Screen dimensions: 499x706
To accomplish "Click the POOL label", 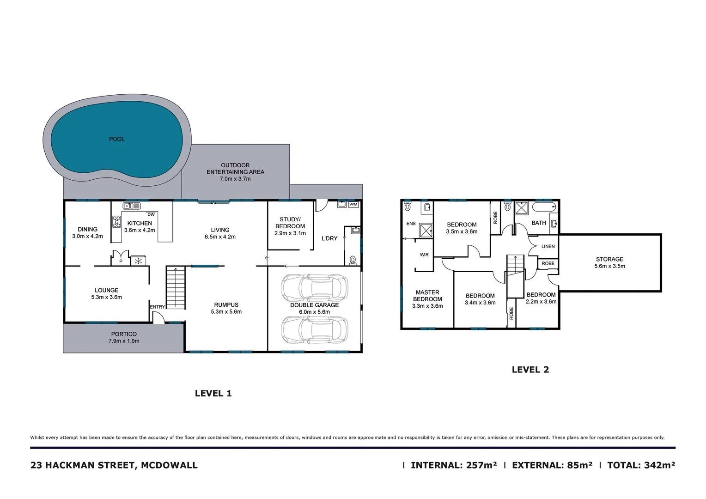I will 116,139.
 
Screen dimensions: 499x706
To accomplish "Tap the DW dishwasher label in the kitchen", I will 151,214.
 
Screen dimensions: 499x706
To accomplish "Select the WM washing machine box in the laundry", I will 353,204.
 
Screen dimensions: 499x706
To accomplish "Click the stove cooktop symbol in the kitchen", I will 116,222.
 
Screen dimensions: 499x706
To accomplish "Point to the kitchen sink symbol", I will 128,206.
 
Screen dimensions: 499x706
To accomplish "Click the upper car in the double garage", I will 314,287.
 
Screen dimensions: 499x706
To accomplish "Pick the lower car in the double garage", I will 314,329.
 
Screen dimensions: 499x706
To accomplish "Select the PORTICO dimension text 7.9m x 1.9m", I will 124,341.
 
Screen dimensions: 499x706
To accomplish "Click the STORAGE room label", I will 609,259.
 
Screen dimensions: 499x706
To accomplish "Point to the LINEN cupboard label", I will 548,247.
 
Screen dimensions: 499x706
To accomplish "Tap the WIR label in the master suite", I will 424,255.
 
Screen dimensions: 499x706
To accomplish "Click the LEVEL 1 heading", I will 213,394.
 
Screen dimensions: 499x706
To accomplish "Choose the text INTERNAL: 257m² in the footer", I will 454,465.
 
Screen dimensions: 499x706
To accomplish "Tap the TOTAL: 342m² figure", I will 641,465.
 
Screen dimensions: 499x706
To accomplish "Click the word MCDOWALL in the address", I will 170,465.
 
